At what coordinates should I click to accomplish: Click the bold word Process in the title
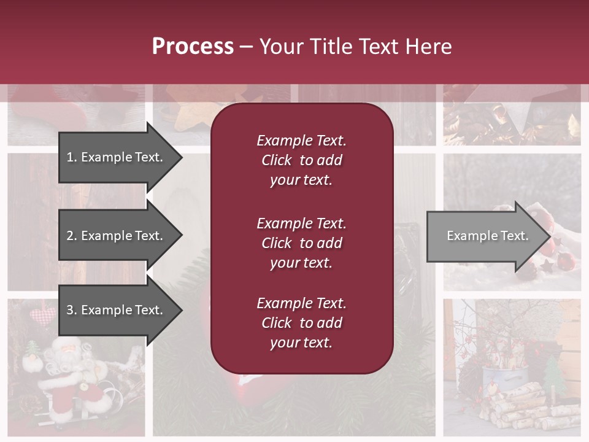point(193,47)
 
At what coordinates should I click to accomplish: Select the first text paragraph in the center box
point(301,160)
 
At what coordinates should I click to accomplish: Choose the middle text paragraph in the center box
point(301,243)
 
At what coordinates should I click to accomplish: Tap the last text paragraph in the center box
point(301,323)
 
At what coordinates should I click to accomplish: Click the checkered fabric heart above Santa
point(42,317)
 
